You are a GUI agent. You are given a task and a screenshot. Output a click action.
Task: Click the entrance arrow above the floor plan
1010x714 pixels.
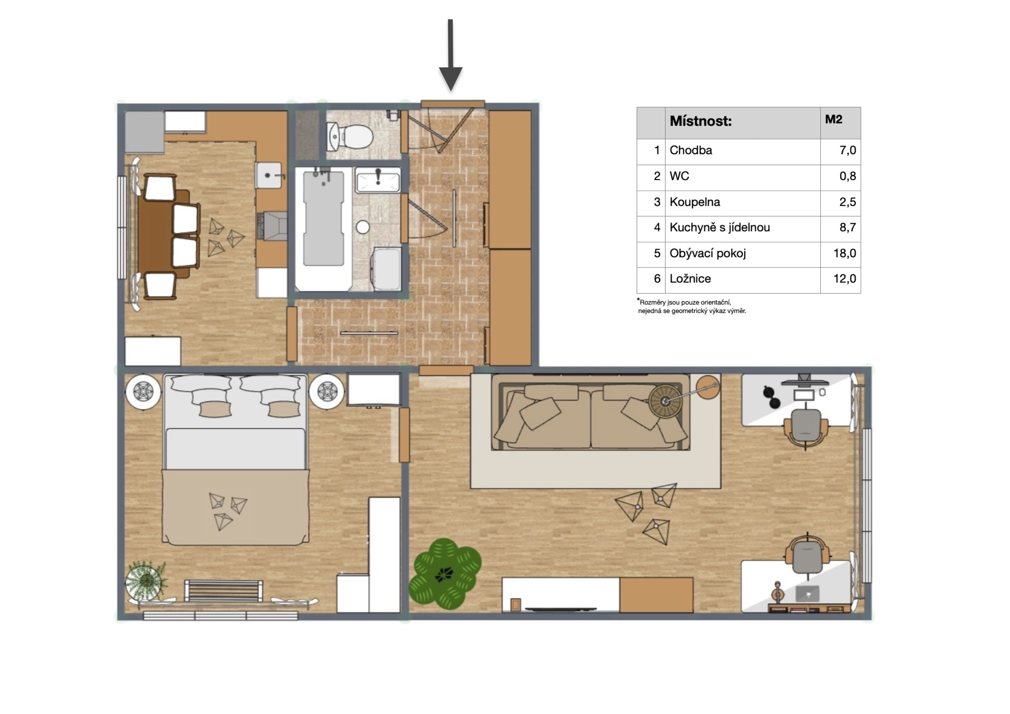[x=451, y=55]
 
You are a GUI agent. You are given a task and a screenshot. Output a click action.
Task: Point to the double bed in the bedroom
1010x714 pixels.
[x=235, y=459]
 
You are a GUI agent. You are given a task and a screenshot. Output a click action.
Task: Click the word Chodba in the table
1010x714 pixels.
[x=691, y=150]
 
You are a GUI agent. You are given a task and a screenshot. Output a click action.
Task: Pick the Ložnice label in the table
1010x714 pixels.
[x=690, y=279]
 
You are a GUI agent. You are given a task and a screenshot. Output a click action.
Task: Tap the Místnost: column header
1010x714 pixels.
[x=700, y=121]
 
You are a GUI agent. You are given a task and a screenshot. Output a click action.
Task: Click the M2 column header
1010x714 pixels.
[x=834, y=119]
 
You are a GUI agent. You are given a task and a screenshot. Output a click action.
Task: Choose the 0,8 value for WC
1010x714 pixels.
[x=848, y=176]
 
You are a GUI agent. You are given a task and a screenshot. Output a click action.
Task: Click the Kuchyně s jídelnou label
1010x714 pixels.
[x=720, y=228]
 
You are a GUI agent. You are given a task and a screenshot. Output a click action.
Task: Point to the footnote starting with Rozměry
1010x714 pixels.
[x=692, y=306]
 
